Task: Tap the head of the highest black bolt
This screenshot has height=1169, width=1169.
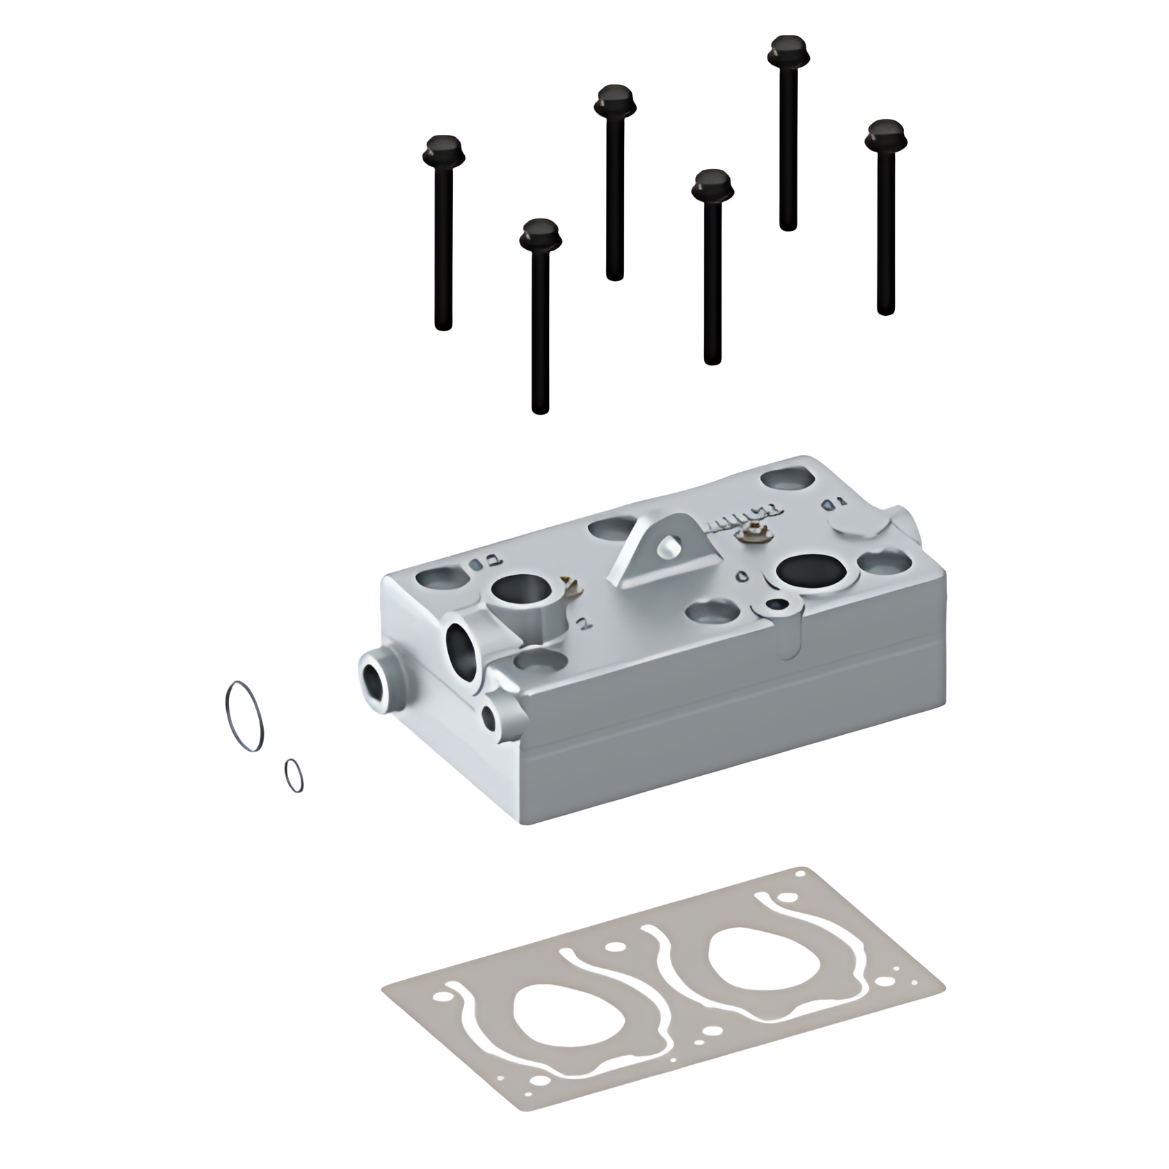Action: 788,49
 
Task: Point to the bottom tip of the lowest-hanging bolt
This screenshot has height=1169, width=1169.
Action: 540,410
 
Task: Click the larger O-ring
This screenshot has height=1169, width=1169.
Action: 245,716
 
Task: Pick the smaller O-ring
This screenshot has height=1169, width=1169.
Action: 294,775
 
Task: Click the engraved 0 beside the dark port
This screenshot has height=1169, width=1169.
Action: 742,577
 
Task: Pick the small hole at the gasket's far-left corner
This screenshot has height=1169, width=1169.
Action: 438,997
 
